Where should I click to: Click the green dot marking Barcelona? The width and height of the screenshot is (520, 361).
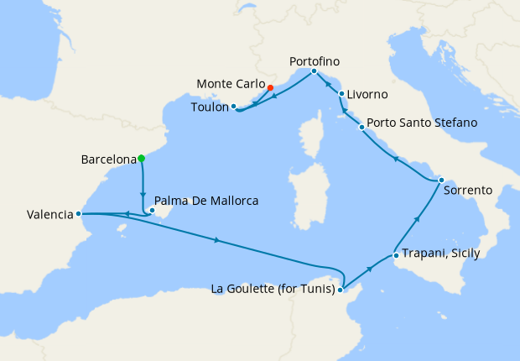tap(142, 158)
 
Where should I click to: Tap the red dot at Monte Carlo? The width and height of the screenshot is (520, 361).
tap(270, 86)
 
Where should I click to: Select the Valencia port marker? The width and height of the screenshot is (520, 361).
tap(79, 214)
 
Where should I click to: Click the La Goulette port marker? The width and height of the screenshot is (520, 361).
tap(341, 290)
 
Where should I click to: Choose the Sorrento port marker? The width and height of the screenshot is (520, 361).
tap(440, 180)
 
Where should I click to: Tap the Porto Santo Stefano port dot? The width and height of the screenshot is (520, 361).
tap(361, 128)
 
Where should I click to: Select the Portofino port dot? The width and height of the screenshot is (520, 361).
tap(313, 71)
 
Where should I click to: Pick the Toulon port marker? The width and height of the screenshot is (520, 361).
tap(234, 107)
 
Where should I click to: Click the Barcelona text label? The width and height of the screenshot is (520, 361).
tap(108, 159)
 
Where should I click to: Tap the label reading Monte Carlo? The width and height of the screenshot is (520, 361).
tap(230, 85)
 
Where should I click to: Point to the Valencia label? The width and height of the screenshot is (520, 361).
tap(49, 215)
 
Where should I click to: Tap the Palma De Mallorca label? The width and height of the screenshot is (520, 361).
tap(206, 201)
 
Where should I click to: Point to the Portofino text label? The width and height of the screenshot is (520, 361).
tap(315, 61)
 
